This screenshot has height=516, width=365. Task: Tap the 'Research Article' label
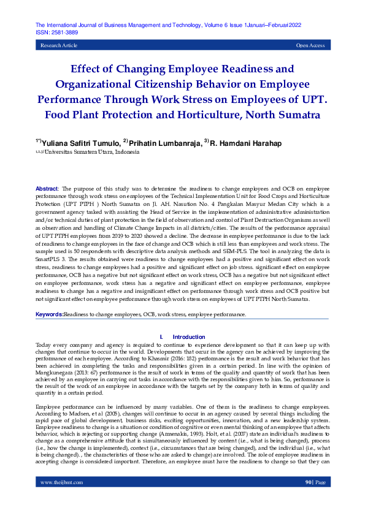(x=59, y=45)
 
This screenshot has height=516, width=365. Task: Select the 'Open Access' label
(x=310, y=45)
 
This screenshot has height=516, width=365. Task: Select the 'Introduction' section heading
(x=188, y=337)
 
